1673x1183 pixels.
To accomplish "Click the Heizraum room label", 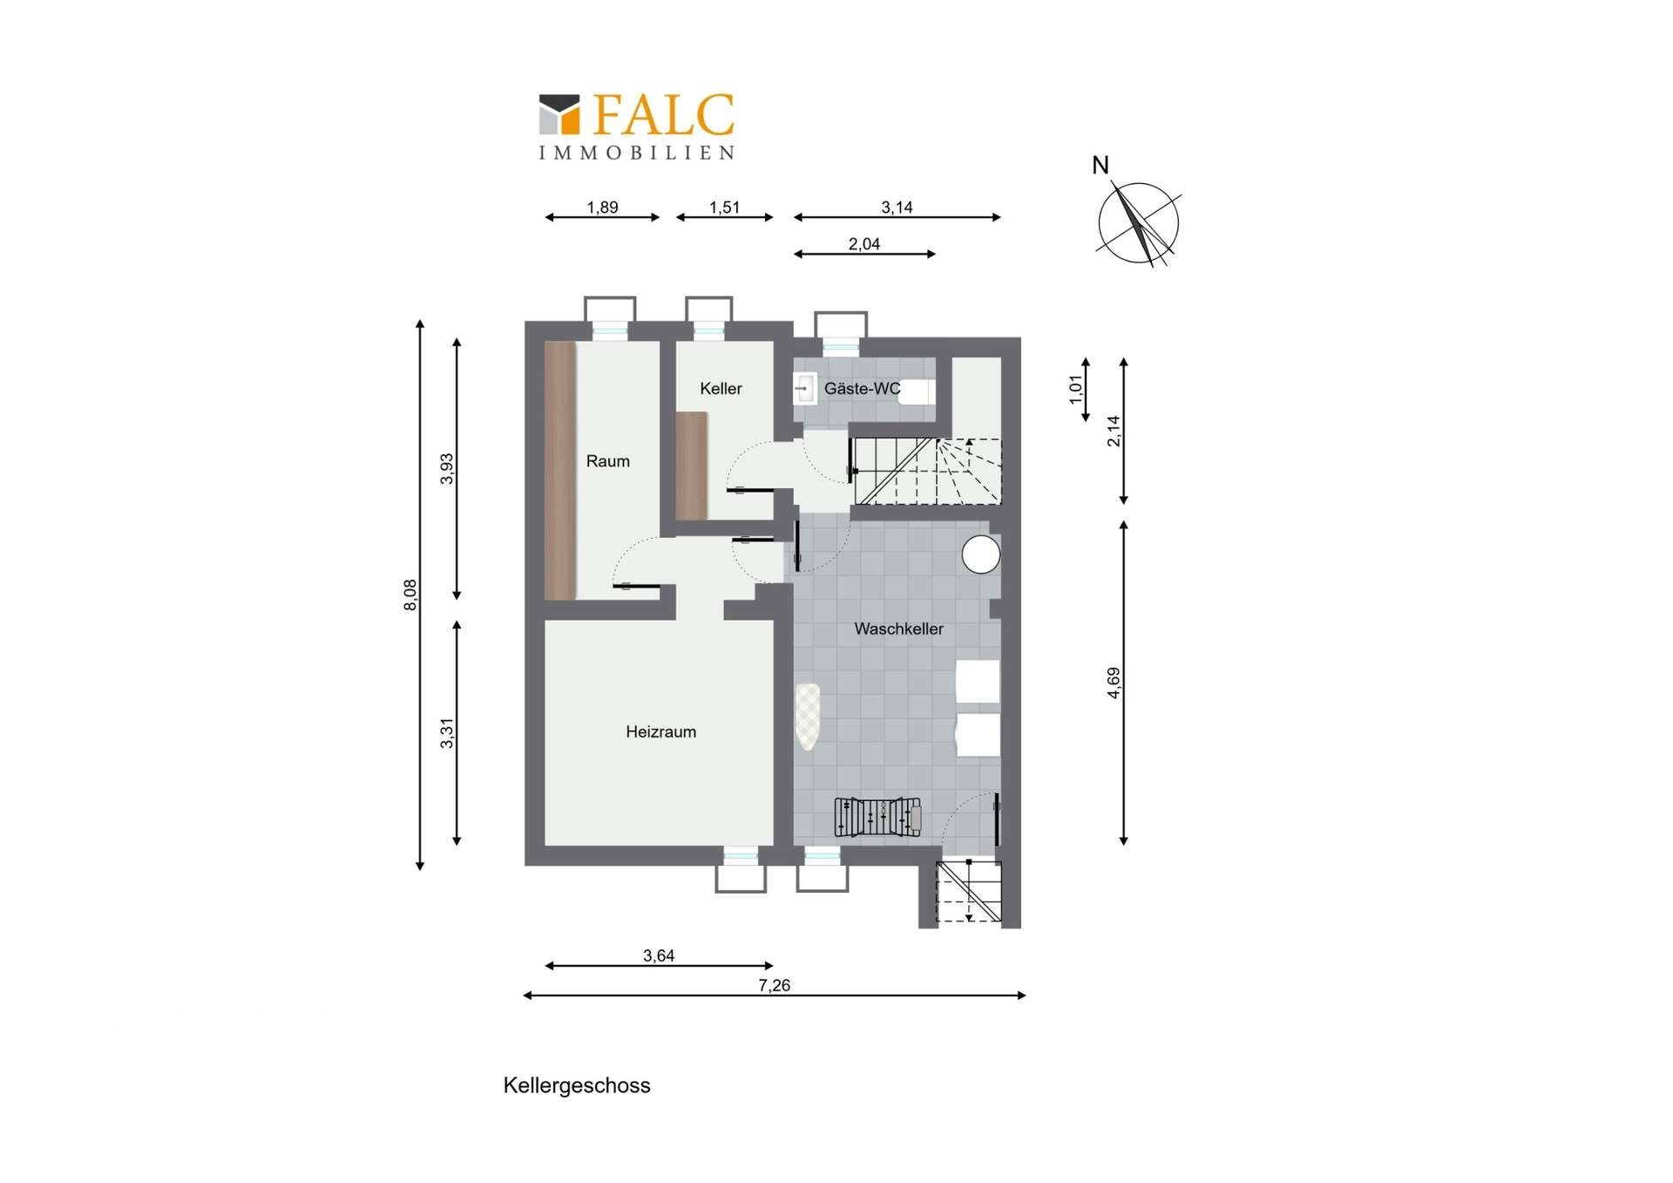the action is click(660, 732).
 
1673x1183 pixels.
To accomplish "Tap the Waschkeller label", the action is click(898, 629).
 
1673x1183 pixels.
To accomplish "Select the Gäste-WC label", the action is click(863, 389).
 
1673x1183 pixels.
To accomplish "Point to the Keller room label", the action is click(721, 389).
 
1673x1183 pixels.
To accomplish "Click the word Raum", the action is click(607, 461).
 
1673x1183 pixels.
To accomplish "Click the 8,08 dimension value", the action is click(410, 595).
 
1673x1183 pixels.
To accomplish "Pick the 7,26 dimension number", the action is click(774, 985).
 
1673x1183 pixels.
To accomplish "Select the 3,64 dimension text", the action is click(659, 955).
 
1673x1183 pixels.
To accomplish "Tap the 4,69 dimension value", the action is click(1114, 683).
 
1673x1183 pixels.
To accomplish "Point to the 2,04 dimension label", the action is click(864, 244).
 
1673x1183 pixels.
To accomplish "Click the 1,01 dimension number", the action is click(1076, 390).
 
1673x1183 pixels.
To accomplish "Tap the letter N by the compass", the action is click(1101, 165).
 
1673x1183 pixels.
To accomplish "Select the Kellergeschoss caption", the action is click(577, 1085).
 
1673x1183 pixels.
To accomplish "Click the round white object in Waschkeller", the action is click(980, 554).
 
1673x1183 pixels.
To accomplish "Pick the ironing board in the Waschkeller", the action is click(808, 717).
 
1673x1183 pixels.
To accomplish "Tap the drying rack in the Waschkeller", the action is click(877, 818).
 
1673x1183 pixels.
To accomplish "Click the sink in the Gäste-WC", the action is click(804, 389).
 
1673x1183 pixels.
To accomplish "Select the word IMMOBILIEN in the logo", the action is click(637, 153).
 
